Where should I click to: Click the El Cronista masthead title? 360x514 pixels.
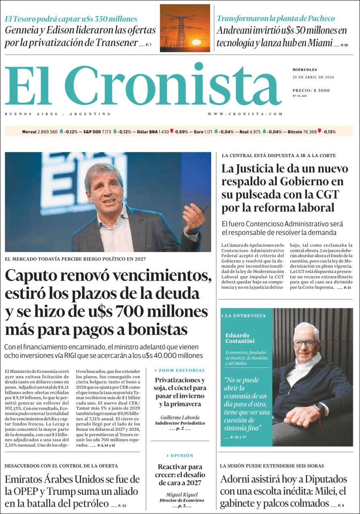coord(143,85)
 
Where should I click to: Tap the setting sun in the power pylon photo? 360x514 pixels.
coord(196,42)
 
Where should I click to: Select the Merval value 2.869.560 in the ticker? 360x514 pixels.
coord(47,131)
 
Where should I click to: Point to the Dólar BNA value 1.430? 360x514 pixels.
coord(164,131)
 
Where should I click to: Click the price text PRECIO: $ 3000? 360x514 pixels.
coord(311,90)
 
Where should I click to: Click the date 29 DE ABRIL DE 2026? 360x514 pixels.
coord(313,77)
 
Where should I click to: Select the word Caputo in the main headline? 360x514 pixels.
coord(32,276)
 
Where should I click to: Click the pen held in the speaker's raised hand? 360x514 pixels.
coord(204,209)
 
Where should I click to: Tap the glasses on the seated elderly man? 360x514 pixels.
coord(304,344)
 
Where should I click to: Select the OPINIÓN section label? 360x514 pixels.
coord(182,455)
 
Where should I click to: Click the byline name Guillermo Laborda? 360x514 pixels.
coord(180,417)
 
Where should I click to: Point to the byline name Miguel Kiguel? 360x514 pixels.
coord(181,495)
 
